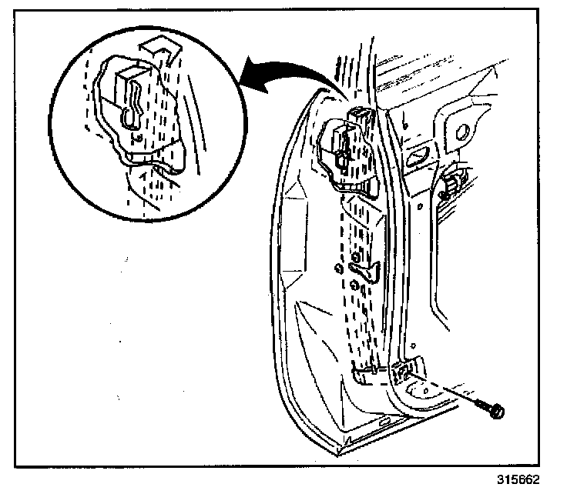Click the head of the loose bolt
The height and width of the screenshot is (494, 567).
[x=496, y=412]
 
